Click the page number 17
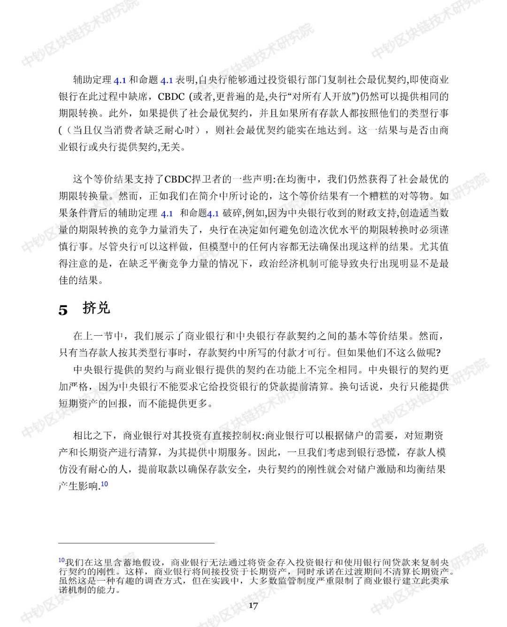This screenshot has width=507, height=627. pyautogui.click(x=253, y=606)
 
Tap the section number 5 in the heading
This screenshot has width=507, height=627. pyautogui.click(x=63, y=310)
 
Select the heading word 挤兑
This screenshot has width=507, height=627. pyautogui.click(x=96, y=308)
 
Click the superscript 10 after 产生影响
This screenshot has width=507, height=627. pyautogui.click(x=104, y=484)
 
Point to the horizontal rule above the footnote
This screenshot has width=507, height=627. pyautogui.click(x=136, y=543)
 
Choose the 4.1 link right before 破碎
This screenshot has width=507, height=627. pyautogui.click(x=213, y=213)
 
